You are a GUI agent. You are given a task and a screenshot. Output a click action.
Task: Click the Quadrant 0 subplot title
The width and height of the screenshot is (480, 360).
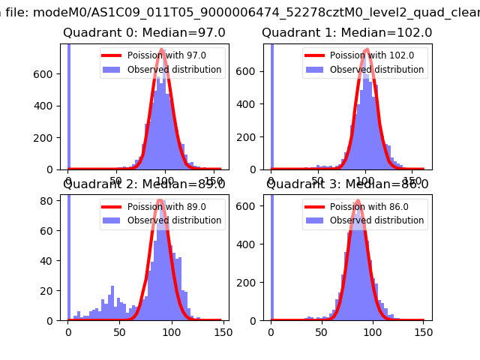click(144, 33)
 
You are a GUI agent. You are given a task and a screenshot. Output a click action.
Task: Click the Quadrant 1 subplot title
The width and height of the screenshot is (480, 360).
click(346, 33)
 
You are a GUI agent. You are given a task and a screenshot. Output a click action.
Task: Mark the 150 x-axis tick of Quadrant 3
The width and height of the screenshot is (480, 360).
click(423, 331)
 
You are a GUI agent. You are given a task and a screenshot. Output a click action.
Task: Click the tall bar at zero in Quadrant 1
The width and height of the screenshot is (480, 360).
click(271, 105)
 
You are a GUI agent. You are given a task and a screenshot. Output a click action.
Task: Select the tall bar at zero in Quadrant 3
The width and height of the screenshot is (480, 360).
click(271, 255)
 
